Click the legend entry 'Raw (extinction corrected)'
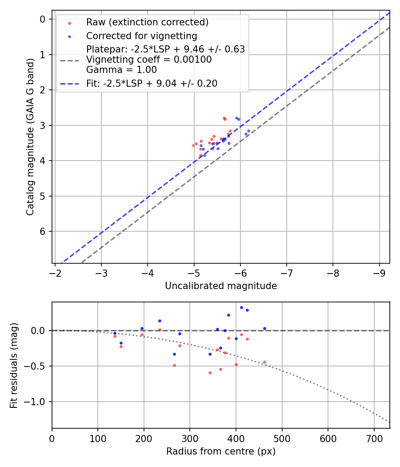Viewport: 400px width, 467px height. pos(147,22)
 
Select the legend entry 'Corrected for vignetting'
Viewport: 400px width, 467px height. pos(141,36)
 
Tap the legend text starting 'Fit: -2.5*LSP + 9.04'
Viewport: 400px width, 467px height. pos(152,83)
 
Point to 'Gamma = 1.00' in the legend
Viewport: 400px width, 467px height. pos(121,69)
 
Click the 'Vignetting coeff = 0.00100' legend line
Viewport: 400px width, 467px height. pos(149,59)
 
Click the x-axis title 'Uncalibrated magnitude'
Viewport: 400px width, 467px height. pos(221,286)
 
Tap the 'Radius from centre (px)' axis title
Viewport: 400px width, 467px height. pos(221,451)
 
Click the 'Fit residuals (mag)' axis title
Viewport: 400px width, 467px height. pos(14,365)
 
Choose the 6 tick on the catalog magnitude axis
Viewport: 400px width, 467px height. pos(43,231)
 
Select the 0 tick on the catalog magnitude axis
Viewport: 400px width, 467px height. pos(43,19)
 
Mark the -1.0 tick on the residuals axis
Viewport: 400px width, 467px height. pos(36,402)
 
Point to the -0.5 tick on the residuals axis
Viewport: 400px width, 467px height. pos(36,366)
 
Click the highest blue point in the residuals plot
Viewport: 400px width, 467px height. pos(241,307)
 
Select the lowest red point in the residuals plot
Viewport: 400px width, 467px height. pos(210,373)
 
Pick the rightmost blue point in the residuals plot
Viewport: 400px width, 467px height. pos(264,328)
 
